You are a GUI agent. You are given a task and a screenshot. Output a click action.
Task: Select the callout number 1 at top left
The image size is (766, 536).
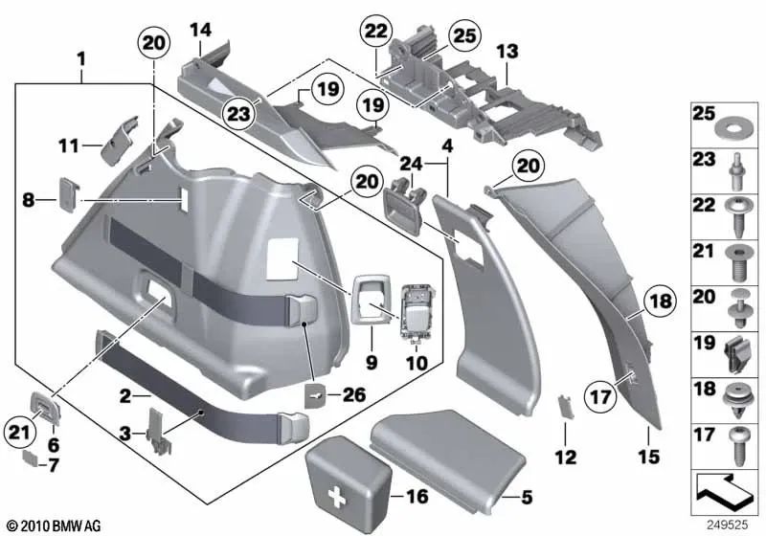(x=82, y=58)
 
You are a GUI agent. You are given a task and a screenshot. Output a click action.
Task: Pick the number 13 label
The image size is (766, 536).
(x=507, y=50)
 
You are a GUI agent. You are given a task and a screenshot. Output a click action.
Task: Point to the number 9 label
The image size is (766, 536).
(x=370, y=363)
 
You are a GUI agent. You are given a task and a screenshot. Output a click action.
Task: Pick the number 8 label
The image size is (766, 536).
(x=28, y=200)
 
